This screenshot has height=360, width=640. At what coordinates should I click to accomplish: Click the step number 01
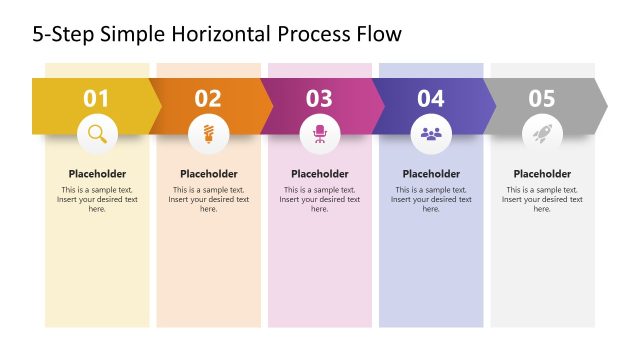pos(96,98)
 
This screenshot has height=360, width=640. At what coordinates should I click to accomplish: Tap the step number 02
pos(208,98)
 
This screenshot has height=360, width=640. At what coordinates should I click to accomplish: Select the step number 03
pos(319,98)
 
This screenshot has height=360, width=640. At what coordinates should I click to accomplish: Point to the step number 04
pos(431,98)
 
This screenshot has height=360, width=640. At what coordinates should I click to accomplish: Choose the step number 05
pos(542,98)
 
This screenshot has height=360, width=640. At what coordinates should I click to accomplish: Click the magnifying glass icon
pos(97,133)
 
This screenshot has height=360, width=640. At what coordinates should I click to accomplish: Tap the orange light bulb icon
pos(208,133)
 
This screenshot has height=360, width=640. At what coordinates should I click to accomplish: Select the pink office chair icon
pos(320,133)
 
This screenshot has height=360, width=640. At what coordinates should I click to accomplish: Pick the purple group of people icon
pos(431,133)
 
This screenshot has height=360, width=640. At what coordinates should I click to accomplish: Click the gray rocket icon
pos(542,133)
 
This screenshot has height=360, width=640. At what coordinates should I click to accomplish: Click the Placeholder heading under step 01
pos(97,174)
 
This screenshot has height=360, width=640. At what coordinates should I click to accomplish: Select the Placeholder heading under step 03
pos(320,174)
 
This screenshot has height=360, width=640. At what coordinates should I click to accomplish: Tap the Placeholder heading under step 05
pos(542,174)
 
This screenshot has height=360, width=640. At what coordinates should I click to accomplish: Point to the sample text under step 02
pos(208,199)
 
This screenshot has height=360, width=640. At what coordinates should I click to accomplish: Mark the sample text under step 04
pos(431,199)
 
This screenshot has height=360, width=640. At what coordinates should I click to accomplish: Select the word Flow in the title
pos(378,35)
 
